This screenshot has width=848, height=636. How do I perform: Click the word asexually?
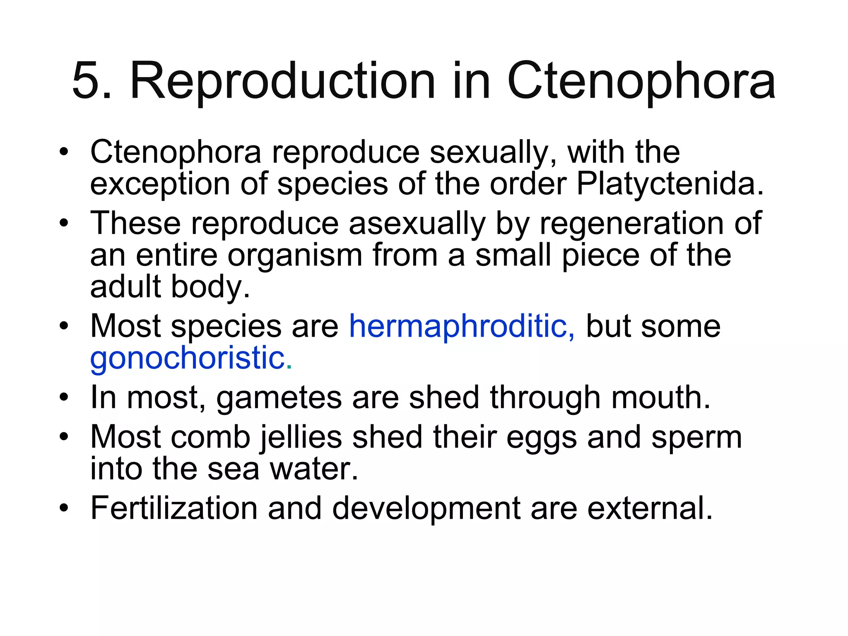pyautogui.click(x=417, y=224)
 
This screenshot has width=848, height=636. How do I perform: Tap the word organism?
pyautogui.click(x=295, y=256)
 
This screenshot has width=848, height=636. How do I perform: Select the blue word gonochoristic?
pyautogui.click(x=187, y=359)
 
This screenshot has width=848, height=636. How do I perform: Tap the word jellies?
pyautogui.click(x=301, y=438)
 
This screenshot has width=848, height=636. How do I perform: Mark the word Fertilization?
pyautogui.click(x=174, y=508)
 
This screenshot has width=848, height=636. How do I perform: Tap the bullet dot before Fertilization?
pyautogui.click(x=63, y=508)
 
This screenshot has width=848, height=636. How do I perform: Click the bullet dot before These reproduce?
pyautogui.click(x=63, y=224)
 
